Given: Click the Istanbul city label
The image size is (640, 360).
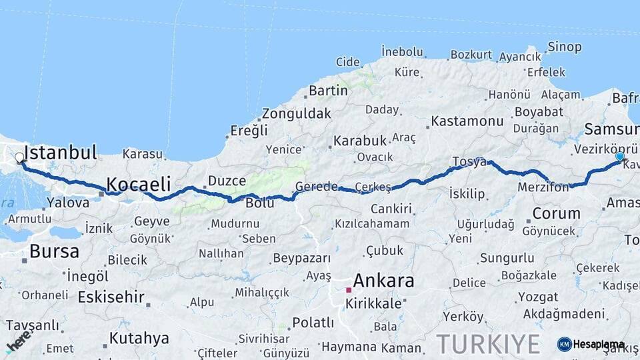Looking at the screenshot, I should click(61, 152).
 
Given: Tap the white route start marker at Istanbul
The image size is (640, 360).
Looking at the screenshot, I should click(19, 159).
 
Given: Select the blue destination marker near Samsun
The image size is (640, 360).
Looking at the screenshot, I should click(619, 157).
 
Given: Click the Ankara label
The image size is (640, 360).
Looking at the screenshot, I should click(383, 281).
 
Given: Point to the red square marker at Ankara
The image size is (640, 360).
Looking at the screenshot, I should click(348, 290).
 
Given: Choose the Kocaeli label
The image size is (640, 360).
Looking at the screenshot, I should click(139, 184).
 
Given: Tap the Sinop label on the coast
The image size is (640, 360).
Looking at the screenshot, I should click(564, 47).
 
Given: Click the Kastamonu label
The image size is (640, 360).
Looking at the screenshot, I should click(467, 121).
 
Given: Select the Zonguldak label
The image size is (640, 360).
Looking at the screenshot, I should click(296, 113).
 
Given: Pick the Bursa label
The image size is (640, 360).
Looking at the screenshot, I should click(55, 251).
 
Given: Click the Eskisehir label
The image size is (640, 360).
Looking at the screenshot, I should click(111, 297).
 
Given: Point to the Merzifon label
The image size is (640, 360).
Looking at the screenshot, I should click(543, 188).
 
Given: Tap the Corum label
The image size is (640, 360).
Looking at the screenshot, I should click(556, 214).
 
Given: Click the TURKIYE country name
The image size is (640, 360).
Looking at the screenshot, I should click(488, 344).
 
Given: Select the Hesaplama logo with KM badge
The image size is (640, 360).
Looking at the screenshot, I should click(591, 344).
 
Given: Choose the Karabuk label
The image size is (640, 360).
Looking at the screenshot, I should click(360, 141).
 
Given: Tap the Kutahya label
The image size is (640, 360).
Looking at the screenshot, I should click(139, 338).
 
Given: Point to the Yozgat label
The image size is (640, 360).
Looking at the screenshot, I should click(538, 297).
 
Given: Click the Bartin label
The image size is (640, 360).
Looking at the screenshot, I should click(328, 90).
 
